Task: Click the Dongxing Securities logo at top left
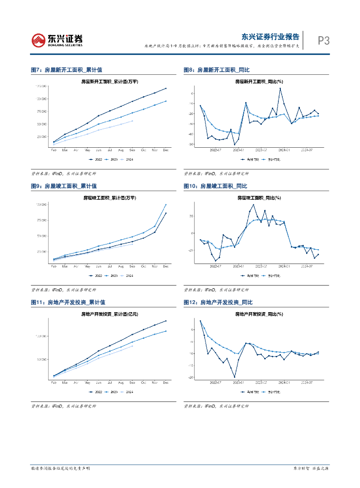pos(57,40)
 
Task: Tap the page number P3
pos(324,41)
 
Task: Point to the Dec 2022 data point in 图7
pos(165,88)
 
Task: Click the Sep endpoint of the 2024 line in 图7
pos(132,121)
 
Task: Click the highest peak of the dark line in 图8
pos(280,88)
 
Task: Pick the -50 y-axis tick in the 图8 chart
pos(191,144)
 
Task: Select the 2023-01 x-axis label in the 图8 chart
pos(239,149)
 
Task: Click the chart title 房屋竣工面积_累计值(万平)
pos(109,197)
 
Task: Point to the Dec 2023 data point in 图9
pos(165,204)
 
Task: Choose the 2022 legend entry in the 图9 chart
pos(97,275)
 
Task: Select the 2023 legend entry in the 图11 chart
pos(113,392)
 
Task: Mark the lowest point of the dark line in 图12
pos(235,377)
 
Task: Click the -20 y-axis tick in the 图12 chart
pos(191,377)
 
